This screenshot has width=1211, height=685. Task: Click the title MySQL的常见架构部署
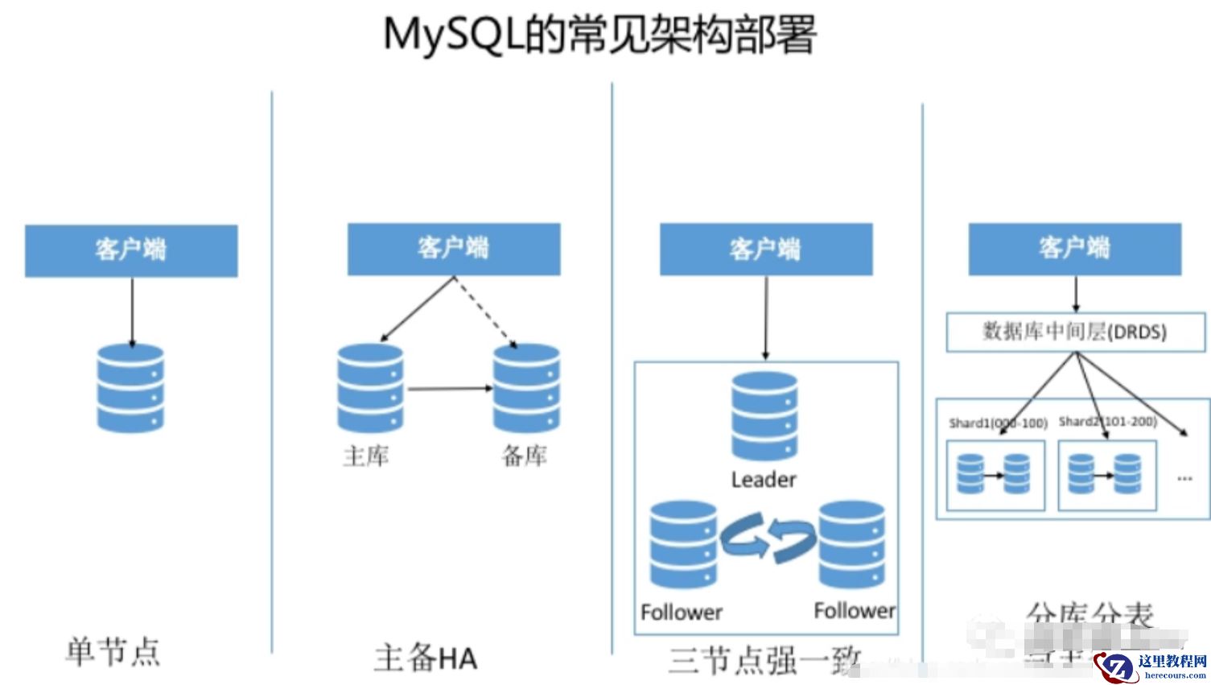pyautogui.click(x=599, y=35)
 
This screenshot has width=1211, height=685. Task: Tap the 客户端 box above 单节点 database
pyautogui.click(x=131, y=250)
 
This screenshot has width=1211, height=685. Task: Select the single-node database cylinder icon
pyautogui.click(x=130, y=389)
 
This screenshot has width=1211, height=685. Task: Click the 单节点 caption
pyautogui.click(x=113, y=650)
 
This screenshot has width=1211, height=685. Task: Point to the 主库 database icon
pyautogui.click(x=370, y=388)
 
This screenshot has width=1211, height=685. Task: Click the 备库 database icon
pyautogui.click(x=526, y=388)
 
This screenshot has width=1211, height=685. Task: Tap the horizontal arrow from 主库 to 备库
pyautogui.click(x=449, y=389)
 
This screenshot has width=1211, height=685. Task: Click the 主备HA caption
pyautogui.click(x=426, y=658)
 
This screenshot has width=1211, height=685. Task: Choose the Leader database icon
pyautogui.click(x=764, y=416)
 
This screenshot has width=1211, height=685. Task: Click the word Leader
pyautogui.click(x=764, y=480)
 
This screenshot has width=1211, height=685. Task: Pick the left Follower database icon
pyautogui.click(x=683, y=545)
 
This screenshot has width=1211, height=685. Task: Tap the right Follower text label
pyautogui.click(x=854, y=611)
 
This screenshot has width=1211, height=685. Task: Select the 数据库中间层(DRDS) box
pyautogui.click(x=1075, y=332)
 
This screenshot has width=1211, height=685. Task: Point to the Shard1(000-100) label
pyautogui.click(x=998, y=423)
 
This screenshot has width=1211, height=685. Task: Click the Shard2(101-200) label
pyautogui.click(x=1107, y=421)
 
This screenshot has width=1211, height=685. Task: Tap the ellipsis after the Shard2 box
pyautogui.click(x=1184, y=478)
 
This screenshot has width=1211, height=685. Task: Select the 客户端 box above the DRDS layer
pyautogui.click(x=1074, y=249)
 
